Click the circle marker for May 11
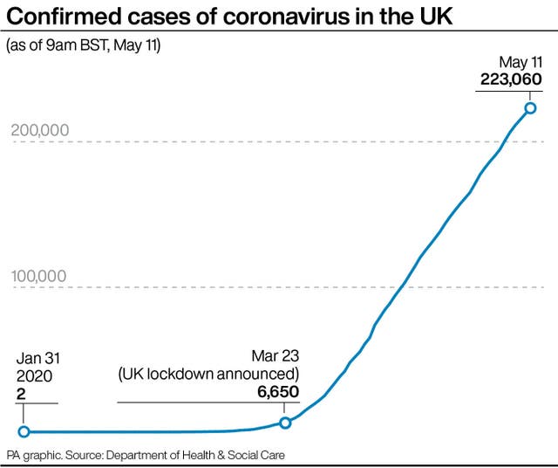click(530, 108)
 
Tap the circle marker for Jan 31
click(24, 431)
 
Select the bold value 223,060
click(511, 79)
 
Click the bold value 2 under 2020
click(22, 394)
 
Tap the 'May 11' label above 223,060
click(521, 61)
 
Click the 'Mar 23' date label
click(275, 356)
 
